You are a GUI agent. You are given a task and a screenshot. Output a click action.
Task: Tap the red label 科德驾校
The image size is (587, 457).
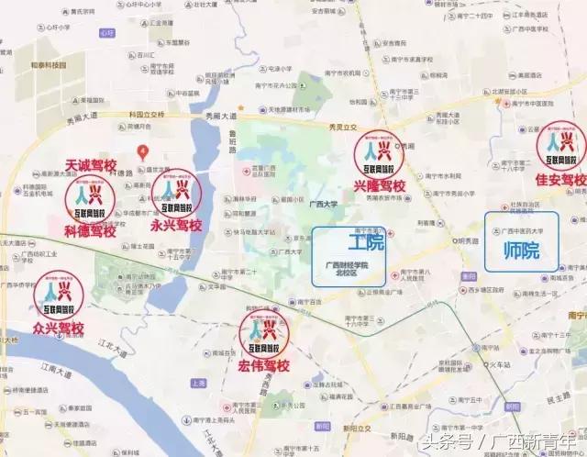pos(89,231)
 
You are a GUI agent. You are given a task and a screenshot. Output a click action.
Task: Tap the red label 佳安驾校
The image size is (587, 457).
pos(559,178)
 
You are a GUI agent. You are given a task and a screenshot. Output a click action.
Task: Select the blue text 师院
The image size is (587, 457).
pos(522,249)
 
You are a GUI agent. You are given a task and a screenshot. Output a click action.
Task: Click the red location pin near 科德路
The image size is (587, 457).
pos(140,150)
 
